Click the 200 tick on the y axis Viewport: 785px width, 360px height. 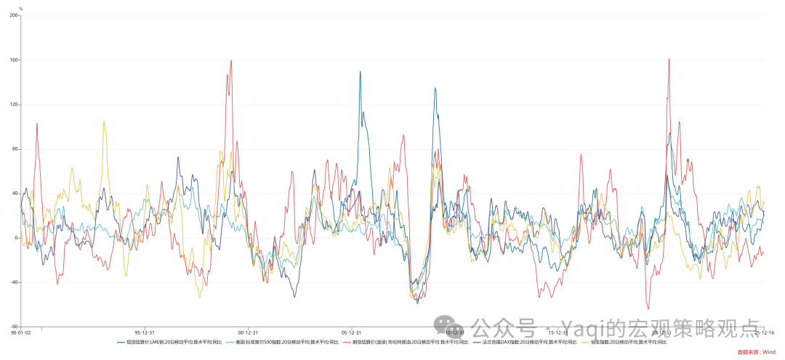tap(14, 15)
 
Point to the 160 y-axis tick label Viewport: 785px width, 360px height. tap(14, 60)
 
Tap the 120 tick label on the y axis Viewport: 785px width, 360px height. tap(14, 104)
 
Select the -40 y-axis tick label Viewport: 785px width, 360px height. tap(14, 282)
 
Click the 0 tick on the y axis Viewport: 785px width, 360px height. tap(16, 238)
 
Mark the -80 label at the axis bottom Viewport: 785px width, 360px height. tap(14, 327)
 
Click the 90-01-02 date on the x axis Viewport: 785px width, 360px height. tap(21, 332)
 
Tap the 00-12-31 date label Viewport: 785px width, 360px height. tap(249, 332)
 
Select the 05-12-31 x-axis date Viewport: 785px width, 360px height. tap(352, 332)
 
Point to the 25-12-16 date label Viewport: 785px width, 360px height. tap(764, 332)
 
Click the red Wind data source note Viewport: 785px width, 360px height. tap(757, 352)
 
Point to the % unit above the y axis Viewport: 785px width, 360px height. tap(20, 9)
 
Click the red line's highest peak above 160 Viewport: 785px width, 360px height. tap(669, 59)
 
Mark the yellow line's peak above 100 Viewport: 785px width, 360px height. tap(104, 121)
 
